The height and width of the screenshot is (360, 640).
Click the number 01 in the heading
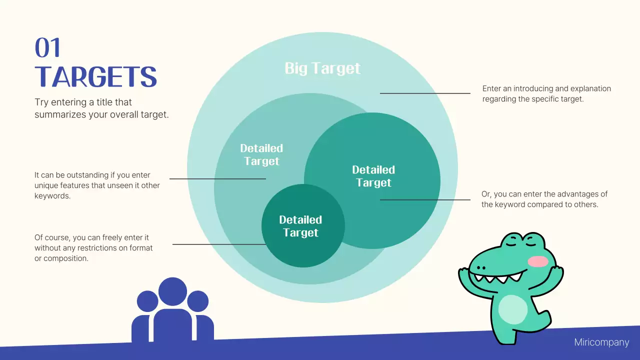click(x=47, y=48)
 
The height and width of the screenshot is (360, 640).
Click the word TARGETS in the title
click(x=96, y=77)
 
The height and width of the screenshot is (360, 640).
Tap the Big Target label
click(x=322, y=68)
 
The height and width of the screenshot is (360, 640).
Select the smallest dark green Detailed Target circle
click(x=303, y=250)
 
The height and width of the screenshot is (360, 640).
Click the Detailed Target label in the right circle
click(x=373, y=176)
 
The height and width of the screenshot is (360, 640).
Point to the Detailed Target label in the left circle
click(x=261, y=154)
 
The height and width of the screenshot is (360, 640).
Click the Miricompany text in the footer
click(x=601, y=342)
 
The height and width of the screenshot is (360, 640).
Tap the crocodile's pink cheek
click(x=537, y=261)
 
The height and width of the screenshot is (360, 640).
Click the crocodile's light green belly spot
click(x=512, y=309)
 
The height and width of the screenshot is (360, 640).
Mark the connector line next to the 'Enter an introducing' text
click(x=425, y=93)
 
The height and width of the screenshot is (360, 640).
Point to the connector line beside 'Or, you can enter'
click(x=425, y=199)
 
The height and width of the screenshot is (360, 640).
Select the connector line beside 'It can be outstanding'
click(x=217, y=178)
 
